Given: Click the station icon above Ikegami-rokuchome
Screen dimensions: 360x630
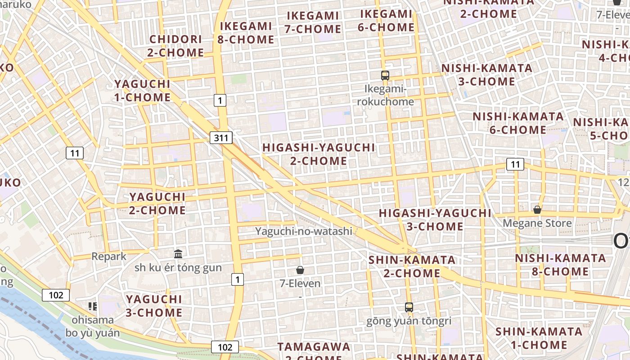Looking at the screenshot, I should coord(385,76).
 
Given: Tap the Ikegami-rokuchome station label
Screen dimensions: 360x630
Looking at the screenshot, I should coord(385,95).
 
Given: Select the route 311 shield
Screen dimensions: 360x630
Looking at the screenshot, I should coord(221,138).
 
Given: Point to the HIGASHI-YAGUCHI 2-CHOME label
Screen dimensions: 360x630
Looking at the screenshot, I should coord(319,154).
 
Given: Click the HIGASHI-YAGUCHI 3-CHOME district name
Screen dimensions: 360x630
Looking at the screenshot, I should coord(435,219).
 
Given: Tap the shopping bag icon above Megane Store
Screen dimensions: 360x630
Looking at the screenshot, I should coord(537,210).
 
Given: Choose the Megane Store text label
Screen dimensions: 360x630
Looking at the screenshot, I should coord(537,223).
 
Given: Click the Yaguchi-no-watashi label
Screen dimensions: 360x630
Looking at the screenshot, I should coord(304,231).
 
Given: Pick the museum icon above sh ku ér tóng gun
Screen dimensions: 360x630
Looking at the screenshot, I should coord(178,254).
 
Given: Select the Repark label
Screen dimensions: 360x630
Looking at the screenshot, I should coord(109,256).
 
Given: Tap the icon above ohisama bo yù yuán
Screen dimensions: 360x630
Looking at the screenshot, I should coord(93,306).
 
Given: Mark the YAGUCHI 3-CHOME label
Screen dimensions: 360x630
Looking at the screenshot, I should coord(154,306).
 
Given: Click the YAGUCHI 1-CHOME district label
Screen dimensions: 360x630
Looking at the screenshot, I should coord(142,90).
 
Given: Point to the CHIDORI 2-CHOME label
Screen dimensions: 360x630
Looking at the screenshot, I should coord(175,46).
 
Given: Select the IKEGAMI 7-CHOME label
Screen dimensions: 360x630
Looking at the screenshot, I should coord(313,22).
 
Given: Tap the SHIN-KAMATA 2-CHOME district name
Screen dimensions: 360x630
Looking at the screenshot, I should coord(412,266).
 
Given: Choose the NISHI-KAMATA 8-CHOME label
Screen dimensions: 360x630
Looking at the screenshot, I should coord(560,265).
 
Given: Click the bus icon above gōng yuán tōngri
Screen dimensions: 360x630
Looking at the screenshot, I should coord(409,307).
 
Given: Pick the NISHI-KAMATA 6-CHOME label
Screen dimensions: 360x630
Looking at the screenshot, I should coord(518,123).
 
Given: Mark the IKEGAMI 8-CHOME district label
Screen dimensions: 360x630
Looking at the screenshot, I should coord(246,33).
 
